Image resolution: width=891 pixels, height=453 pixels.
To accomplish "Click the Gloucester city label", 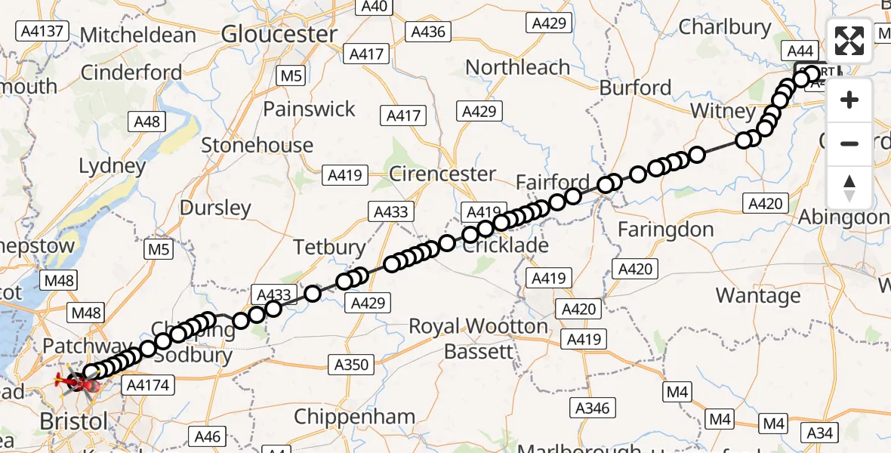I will tap(279, 34).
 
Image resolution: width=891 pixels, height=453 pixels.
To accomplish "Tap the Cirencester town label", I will tap(442, 174).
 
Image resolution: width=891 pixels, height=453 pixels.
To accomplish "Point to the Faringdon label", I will tap(665, 230).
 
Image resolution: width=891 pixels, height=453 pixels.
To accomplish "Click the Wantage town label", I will tap(757, 295).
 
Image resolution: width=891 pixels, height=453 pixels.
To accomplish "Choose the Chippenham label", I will tap(354, 417).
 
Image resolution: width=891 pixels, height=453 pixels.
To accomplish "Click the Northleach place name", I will tap(517, 67).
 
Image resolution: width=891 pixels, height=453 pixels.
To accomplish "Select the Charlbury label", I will tap(725, 27).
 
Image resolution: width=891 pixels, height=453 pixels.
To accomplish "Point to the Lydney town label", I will tap(113, 165).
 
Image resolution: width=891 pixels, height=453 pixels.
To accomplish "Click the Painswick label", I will tap(309, 109).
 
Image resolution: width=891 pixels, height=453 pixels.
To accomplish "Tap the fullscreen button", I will tap(849, 42).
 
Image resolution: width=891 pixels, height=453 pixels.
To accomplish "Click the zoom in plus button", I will tap(849, 100).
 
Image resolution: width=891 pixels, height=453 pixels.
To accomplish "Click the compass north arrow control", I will tap(849, 187).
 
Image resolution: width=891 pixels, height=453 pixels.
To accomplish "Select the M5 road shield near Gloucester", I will tap(291, 75).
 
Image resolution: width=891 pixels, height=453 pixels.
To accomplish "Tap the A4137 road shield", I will tap(42, 31).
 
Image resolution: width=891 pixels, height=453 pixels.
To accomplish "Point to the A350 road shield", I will tap(351, 365).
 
